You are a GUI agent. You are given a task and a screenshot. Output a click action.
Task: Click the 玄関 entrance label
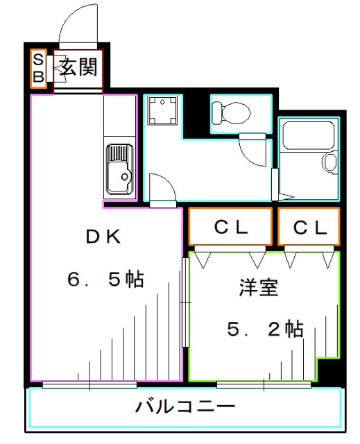pos(77,67)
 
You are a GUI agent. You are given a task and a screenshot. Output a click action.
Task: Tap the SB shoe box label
pos(39,68)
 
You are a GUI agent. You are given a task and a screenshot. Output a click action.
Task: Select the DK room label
pos(103,236)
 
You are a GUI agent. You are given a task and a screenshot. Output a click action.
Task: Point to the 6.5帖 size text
pos(105,279)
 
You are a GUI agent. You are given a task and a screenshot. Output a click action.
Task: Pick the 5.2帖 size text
pos(265,329)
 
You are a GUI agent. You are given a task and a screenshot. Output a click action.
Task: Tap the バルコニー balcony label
pos(185,405)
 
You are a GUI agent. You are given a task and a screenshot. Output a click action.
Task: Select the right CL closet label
pos(309,227)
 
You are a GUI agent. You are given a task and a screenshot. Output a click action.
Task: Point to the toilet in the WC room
pos(231,111)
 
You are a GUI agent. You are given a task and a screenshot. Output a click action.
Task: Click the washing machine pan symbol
pos(161,112)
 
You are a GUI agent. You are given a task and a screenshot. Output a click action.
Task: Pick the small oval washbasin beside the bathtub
pos(329,162)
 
